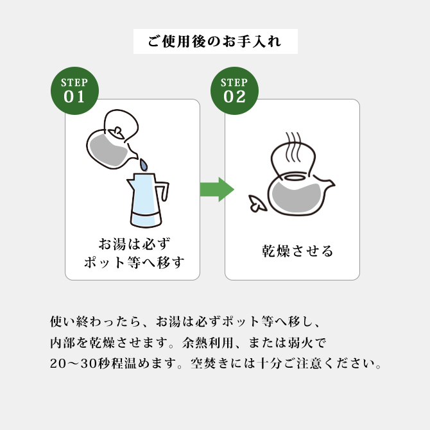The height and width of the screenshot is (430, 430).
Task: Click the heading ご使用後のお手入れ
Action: click(215, 42)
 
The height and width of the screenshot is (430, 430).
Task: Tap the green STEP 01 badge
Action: click(74, 91)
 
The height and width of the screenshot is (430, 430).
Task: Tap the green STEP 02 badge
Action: click(234, 91)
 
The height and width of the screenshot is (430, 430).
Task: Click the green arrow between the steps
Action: click(216, 189)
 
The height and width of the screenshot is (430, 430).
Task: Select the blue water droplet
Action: click(144, 165)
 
